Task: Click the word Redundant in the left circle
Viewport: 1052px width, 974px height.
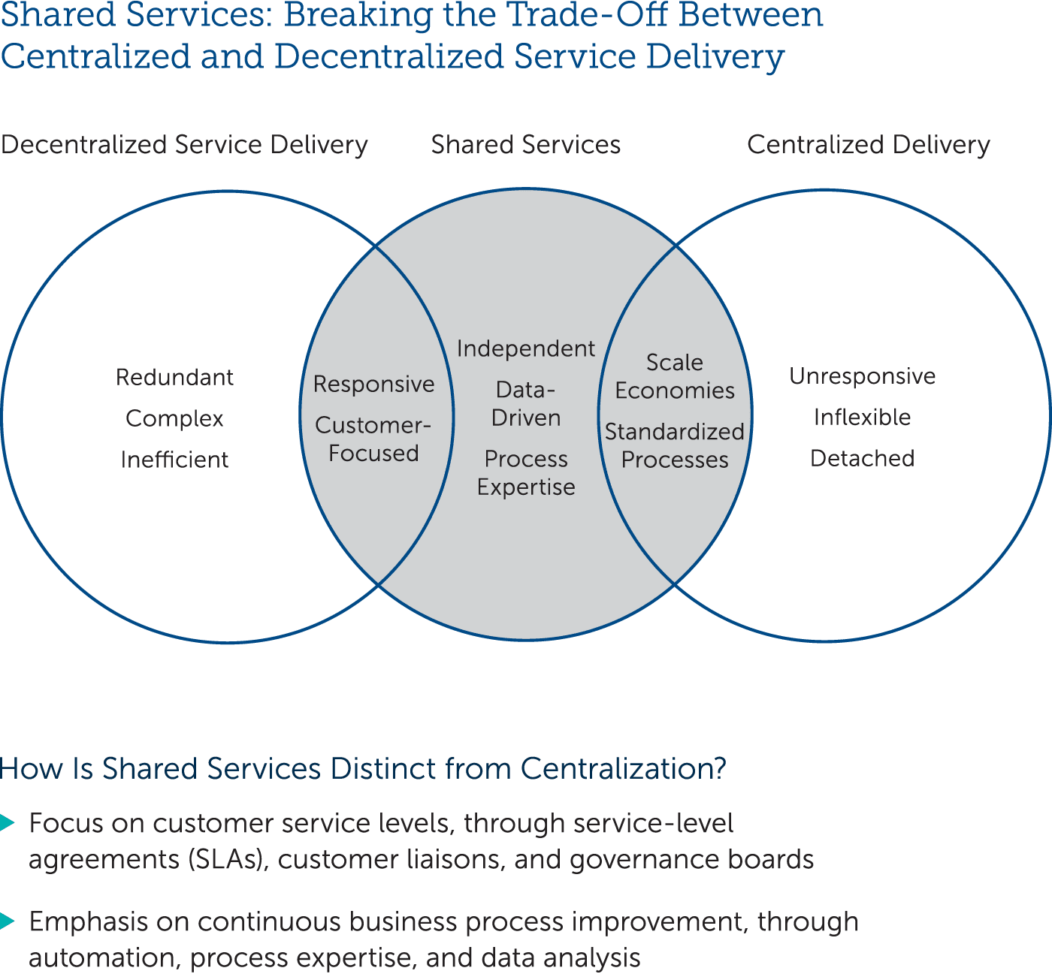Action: [174, 377]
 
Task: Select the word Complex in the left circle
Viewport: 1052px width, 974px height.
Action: [174, 418]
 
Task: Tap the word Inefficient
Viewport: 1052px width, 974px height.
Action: [174, 460]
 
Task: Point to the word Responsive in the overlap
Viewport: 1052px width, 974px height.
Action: [373, 384]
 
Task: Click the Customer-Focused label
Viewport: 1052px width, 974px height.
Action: [373, 439]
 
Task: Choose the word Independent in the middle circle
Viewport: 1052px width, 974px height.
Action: [526, 348]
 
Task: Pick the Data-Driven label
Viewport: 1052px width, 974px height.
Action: [526, 404]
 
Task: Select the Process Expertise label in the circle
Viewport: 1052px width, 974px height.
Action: [526, 473]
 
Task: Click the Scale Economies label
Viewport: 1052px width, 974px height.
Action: [675, 376]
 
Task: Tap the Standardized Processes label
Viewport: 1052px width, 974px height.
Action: [675, 446]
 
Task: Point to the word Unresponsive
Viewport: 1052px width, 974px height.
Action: [862, 375]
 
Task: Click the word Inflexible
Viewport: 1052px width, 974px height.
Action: [862, 417]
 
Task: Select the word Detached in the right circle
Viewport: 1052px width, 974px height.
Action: [862, 458]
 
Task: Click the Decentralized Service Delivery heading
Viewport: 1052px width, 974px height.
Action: [184, 145]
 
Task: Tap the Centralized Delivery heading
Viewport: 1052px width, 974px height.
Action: [868, 145]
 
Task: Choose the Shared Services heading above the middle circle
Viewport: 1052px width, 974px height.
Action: [526, 145]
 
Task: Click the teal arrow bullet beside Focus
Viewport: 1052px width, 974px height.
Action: [7, 823]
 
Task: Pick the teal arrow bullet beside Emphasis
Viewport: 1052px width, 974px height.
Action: [7, 921]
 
